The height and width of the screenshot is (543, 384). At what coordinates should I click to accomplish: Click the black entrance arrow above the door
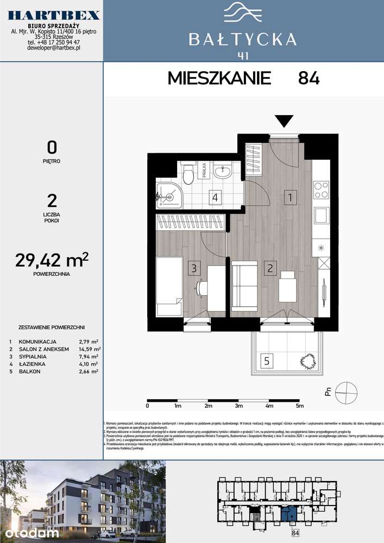click(284, 121)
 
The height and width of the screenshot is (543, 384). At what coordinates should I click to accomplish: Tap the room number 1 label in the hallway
click(291, 198)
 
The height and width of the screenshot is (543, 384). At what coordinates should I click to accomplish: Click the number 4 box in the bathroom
click(216, 198)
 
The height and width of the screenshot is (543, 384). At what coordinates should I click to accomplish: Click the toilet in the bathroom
click(188, 174)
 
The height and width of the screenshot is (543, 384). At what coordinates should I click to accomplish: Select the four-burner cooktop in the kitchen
click(321, 190)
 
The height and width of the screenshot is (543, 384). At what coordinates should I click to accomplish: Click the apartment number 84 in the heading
click(309, 78)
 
